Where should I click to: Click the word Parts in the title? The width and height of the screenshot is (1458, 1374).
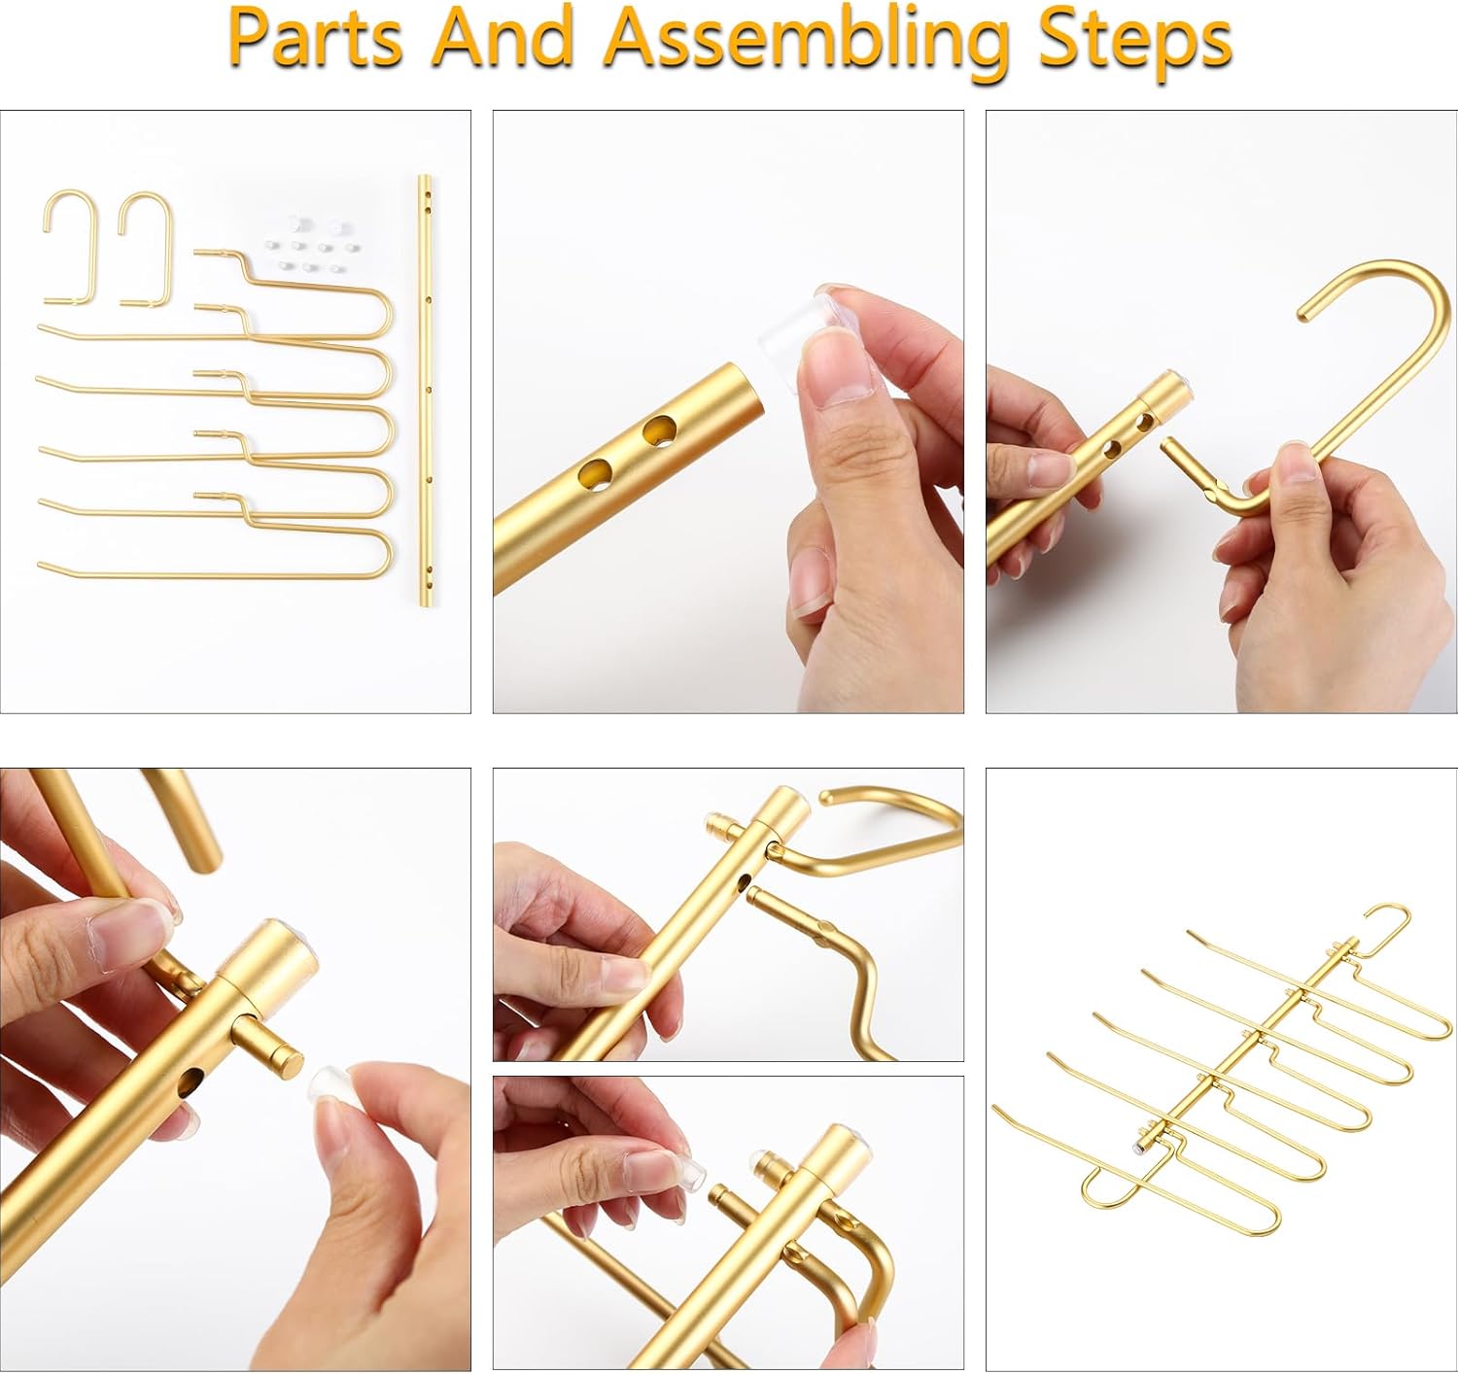tap(315, 39)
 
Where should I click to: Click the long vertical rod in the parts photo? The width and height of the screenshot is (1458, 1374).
tap(425, 389)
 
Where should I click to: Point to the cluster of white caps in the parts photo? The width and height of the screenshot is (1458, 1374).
tap(303, 243)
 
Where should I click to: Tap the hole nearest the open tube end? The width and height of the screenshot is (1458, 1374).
tap(660, 429)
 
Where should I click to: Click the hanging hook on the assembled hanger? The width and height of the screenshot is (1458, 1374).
tap(1388, 923)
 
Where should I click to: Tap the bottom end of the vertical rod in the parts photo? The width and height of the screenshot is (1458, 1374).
tap(425, 601)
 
